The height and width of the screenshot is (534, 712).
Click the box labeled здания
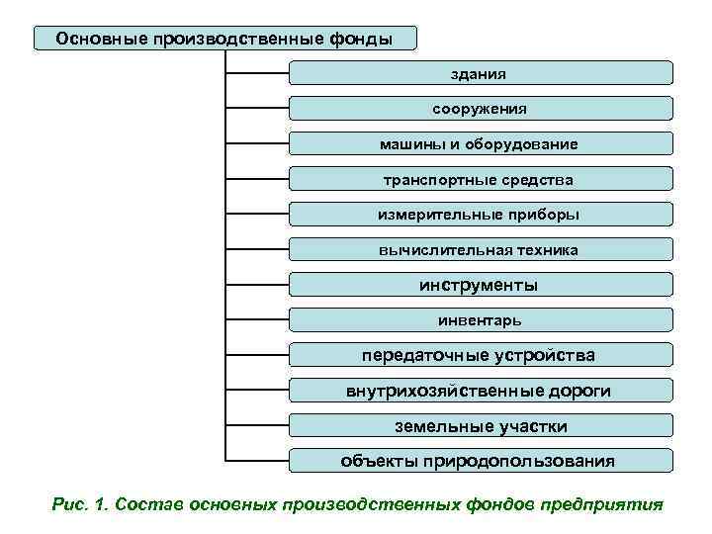pyautogui.click(x=481, y=73)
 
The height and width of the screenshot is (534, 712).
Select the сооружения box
pyautogui.click(x=481, y=109)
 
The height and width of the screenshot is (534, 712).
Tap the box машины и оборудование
pyautogui.click(x=481, y=144)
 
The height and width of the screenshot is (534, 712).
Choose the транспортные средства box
pyautogui.click(x=481, y=180)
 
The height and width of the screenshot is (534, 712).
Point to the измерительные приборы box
pyautogui.click(x=481, y=215)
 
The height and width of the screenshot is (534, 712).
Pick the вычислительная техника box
pyautogui.click(x=481, y=250)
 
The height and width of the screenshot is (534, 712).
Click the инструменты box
pyautogui.click(x=481, y=285)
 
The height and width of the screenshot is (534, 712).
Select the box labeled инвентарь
pyautogui.click(x=481, y=320)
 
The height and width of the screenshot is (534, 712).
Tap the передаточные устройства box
pyautogui.click(x=481, y=355)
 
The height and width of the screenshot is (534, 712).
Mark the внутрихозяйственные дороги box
pyautogui.click(x=481, y=391)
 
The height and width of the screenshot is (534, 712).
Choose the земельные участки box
pyautogui.click(x=481, y=426)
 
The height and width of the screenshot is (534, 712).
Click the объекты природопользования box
pyautogui.click(x=481, y=461)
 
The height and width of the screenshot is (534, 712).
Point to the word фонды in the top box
pyautogui.click(x=360, y=39)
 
